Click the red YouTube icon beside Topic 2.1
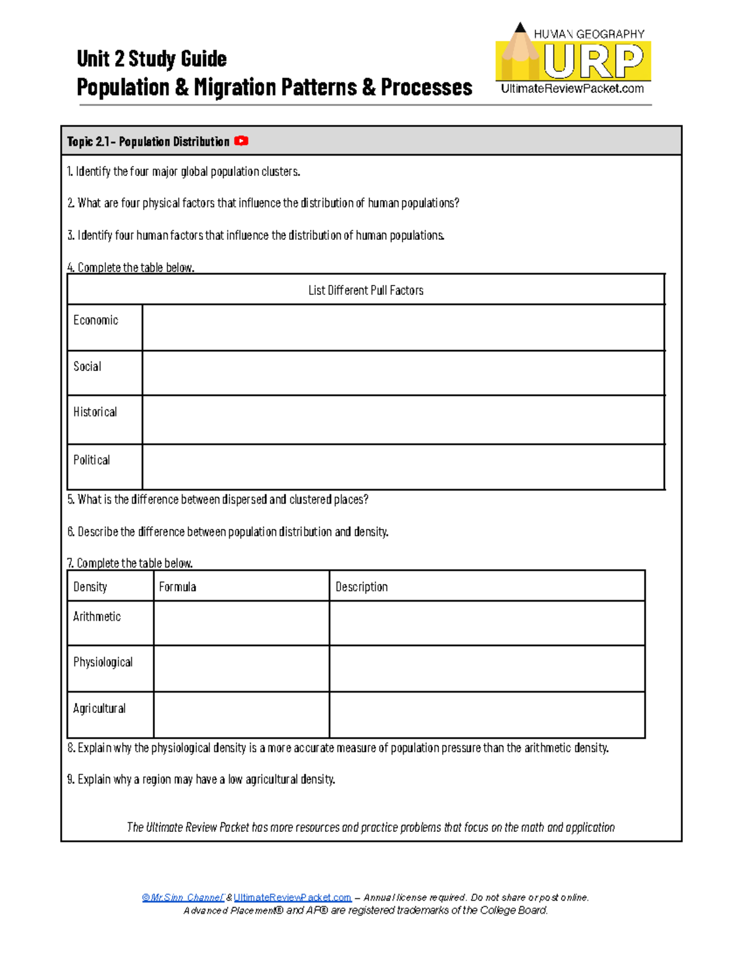241,141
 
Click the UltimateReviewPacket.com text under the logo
572,89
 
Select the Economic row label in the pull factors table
95,320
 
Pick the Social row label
87,367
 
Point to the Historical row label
95,413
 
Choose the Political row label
92,460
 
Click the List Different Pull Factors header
366,291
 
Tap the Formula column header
178,587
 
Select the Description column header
362,587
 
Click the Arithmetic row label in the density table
97,617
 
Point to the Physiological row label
103,662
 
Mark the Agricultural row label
99,709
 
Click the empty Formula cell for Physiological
241,669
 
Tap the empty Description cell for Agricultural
487,715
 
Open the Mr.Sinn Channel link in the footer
183,898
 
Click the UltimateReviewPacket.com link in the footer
292,898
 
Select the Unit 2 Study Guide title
152,59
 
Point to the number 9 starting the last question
70,779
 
